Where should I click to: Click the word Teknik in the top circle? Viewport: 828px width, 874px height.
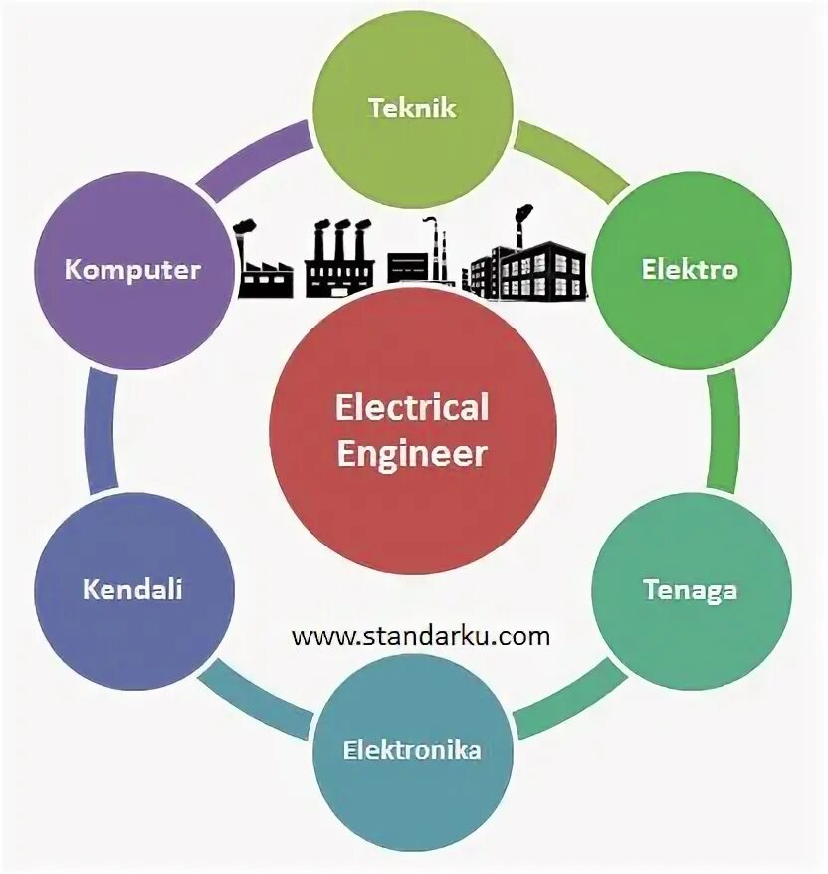click(x=412, y=108)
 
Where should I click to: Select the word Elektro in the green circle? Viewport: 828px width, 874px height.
click(x=691, y=269)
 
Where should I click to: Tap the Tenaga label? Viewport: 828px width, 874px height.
click(x=691, y=589)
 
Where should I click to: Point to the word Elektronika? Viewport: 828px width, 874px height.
click(x=412, y=749)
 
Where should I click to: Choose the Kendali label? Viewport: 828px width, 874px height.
click(x=133, y=589)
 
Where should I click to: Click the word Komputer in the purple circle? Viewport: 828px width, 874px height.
click(x=133, y=269)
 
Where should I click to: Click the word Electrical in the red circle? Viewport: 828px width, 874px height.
click(x=412, y=407)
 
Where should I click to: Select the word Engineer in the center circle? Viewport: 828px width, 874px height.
click(x=412, y=454)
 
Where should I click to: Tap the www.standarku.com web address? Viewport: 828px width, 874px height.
click(x=421, y=636)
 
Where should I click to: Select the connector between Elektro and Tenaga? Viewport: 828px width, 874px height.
click(x=724, y=429)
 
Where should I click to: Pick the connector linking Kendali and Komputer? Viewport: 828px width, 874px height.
click(x=101, y=429)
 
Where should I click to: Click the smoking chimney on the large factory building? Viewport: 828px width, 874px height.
click(x=520, y=224)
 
